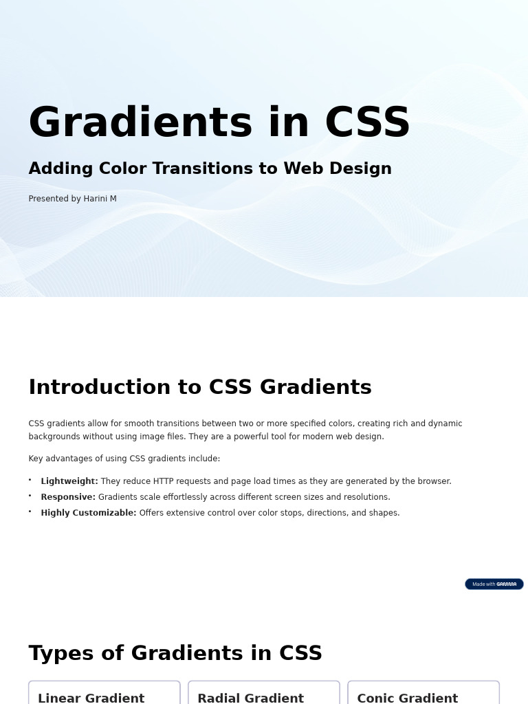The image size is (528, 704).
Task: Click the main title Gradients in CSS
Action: [219, 122]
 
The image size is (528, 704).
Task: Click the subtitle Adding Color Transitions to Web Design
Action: [210, 168]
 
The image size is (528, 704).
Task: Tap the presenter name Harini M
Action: [100, 199]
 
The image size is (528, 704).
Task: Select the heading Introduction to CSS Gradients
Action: [199, 387]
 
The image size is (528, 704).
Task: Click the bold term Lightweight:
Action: [69, 481]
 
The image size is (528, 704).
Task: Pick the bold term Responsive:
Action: [68, 497]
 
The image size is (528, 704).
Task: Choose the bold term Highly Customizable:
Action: [89, 513]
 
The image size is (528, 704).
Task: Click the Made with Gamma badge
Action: [494, 584]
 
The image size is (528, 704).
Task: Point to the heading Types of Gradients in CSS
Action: [175, 653]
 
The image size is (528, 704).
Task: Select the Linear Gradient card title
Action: [91, 698]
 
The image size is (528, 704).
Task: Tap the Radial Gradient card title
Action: [250, 698]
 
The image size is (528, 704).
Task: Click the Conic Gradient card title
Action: [407, 698]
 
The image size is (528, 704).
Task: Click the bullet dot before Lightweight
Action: [30, 480]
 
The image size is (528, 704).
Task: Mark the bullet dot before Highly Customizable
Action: [30, 511]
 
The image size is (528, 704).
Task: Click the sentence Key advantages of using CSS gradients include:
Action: [124, 459]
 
